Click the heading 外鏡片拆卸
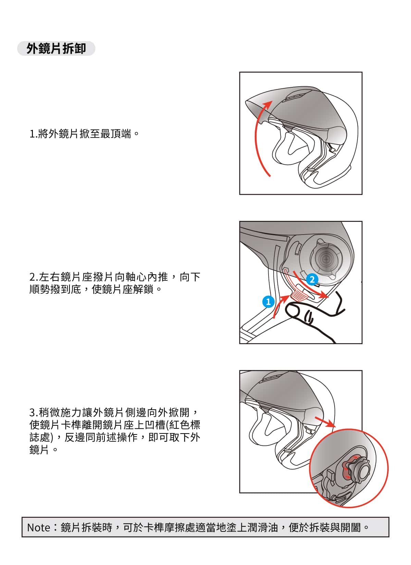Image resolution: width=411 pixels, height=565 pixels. [x=56, y=48]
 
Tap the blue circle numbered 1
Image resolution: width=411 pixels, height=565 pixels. [x=268, y=302]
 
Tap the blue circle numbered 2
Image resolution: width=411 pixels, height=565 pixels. [x=312, y=279]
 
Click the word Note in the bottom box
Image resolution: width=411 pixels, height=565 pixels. [x=38, y=528]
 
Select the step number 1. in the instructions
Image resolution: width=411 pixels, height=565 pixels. [x=33, y=134]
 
